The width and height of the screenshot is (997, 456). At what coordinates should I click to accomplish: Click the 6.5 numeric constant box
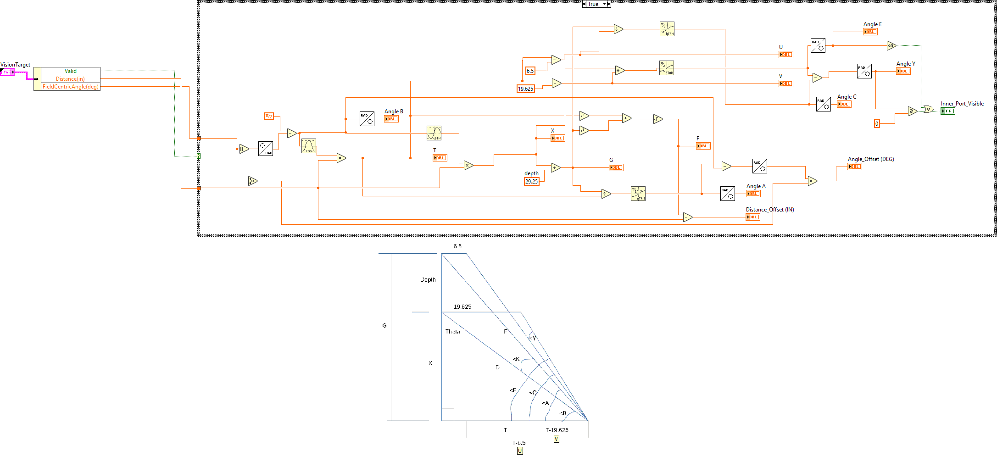point(530,71)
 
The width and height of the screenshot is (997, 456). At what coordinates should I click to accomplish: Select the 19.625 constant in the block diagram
point(525,89)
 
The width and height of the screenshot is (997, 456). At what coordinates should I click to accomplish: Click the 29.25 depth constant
point(531,182)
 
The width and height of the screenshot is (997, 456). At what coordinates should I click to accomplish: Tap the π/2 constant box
point(269,116)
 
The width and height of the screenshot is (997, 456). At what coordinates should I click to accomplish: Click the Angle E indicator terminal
point(870,32)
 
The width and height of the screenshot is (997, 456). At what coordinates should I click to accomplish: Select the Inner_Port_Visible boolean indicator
point(947,111)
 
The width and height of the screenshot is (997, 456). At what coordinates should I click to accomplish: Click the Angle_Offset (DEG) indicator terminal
point(854,167)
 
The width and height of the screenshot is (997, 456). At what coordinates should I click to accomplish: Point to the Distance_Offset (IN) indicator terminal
point(752,217)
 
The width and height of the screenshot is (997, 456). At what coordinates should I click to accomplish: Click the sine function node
point(434,133)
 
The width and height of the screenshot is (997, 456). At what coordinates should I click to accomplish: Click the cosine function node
point(308,146)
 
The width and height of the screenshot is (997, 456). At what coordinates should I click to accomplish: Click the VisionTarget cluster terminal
point(7,72)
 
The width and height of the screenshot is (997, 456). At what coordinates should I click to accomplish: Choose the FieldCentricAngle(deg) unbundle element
point(70,87)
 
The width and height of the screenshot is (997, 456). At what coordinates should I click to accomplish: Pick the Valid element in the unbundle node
point(70,71)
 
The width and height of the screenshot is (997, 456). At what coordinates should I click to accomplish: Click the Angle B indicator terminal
point(391,119)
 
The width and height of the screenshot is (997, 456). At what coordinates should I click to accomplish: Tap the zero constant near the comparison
point(877,124)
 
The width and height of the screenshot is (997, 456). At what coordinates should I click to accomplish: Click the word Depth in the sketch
point(428,280)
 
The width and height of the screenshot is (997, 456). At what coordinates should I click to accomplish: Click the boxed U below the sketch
point(520,451)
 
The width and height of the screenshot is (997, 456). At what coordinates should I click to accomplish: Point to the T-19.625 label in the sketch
point(557,430)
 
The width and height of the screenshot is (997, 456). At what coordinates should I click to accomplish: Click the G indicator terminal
point(616,167)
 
